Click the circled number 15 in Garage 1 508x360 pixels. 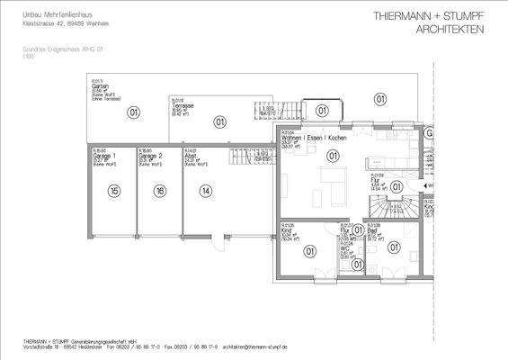114,191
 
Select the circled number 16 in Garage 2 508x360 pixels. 159,191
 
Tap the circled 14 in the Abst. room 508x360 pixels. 206,191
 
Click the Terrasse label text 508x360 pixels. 184,105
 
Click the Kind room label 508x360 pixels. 286,231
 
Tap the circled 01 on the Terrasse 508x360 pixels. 218,121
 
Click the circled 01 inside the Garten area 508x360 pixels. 134,112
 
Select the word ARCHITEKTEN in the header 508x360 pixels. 450,31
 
